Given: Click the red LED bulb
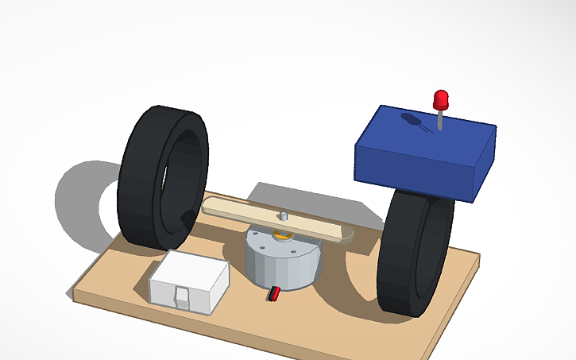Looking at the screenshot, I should pyautogui.click(x=441, y=100).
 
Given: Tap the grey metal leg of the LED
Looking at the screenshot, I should pyautogui.click(x=439, y=121).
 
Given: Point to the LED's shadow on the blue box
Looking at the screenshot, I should pyautogui.click(x=414, y=122).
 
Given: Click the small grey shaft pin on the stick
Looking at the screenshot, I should pyautogui.click(x=282, y=216).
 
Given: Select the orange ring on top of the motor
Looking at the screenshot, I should pyautogui.click(x=280, y=235).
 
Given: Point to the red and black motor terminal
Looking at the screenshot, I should pyautogui.click(x=273, y=293).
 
